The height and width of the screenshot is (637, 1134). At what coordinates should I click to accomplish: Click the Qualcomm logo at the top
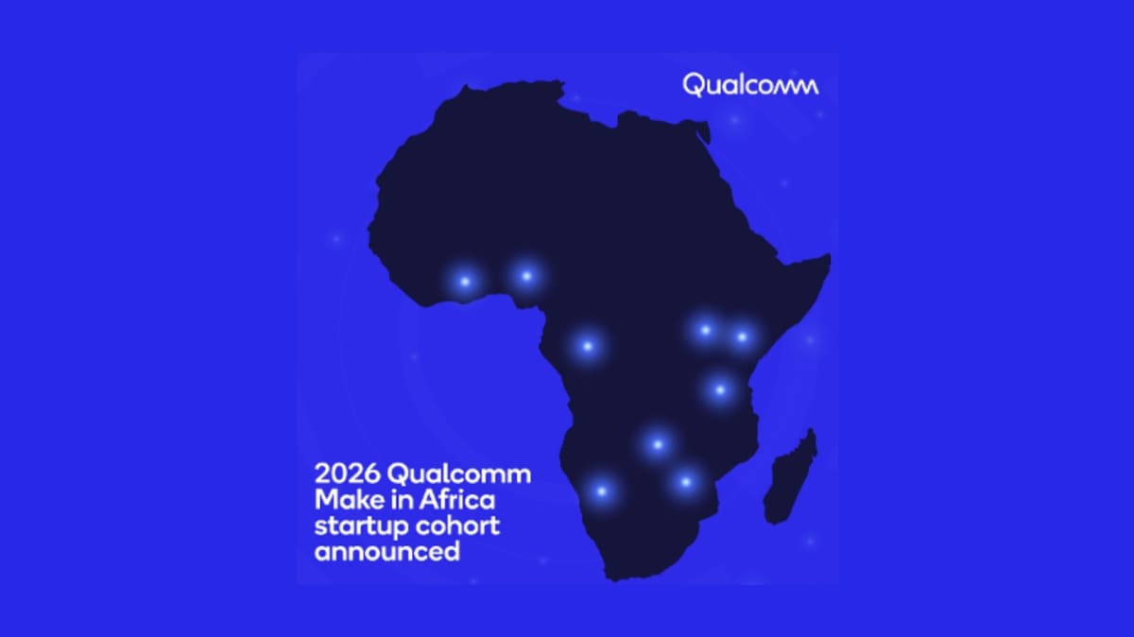tap(750, 85)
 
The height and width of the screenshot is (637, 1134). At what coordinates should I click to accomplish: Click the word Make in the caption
tap(347, 500)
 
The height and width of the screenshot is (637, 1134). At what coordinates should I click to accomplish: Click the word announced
tap(387, 550)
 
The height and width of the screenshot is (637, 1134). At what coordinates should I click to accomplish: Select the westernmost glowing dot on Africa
tap(464, 281)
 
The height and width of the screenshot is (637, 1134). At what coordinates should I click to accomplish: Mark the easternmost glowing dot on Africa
tap(742, 336)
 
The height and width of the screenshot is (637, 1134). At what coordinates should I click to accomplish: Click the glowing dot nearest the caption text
tap(601, 491)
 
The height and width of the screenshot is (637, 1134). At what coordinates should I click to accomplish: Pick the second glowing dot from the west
tap(526, 276)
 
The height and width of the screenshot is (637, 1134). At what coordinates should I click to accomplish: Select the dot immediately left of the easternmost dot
tap(705, 330)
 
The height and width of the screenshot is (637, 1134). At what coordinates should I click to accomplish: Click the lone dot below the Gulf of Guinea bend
tap(587, 346)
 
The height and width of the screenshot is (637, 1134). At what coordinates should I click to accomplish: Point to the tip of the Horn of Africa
tap(828, 258)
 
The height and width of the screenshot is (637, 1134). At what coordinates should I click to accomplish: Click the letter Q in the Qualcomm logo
tap(693, 86)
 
